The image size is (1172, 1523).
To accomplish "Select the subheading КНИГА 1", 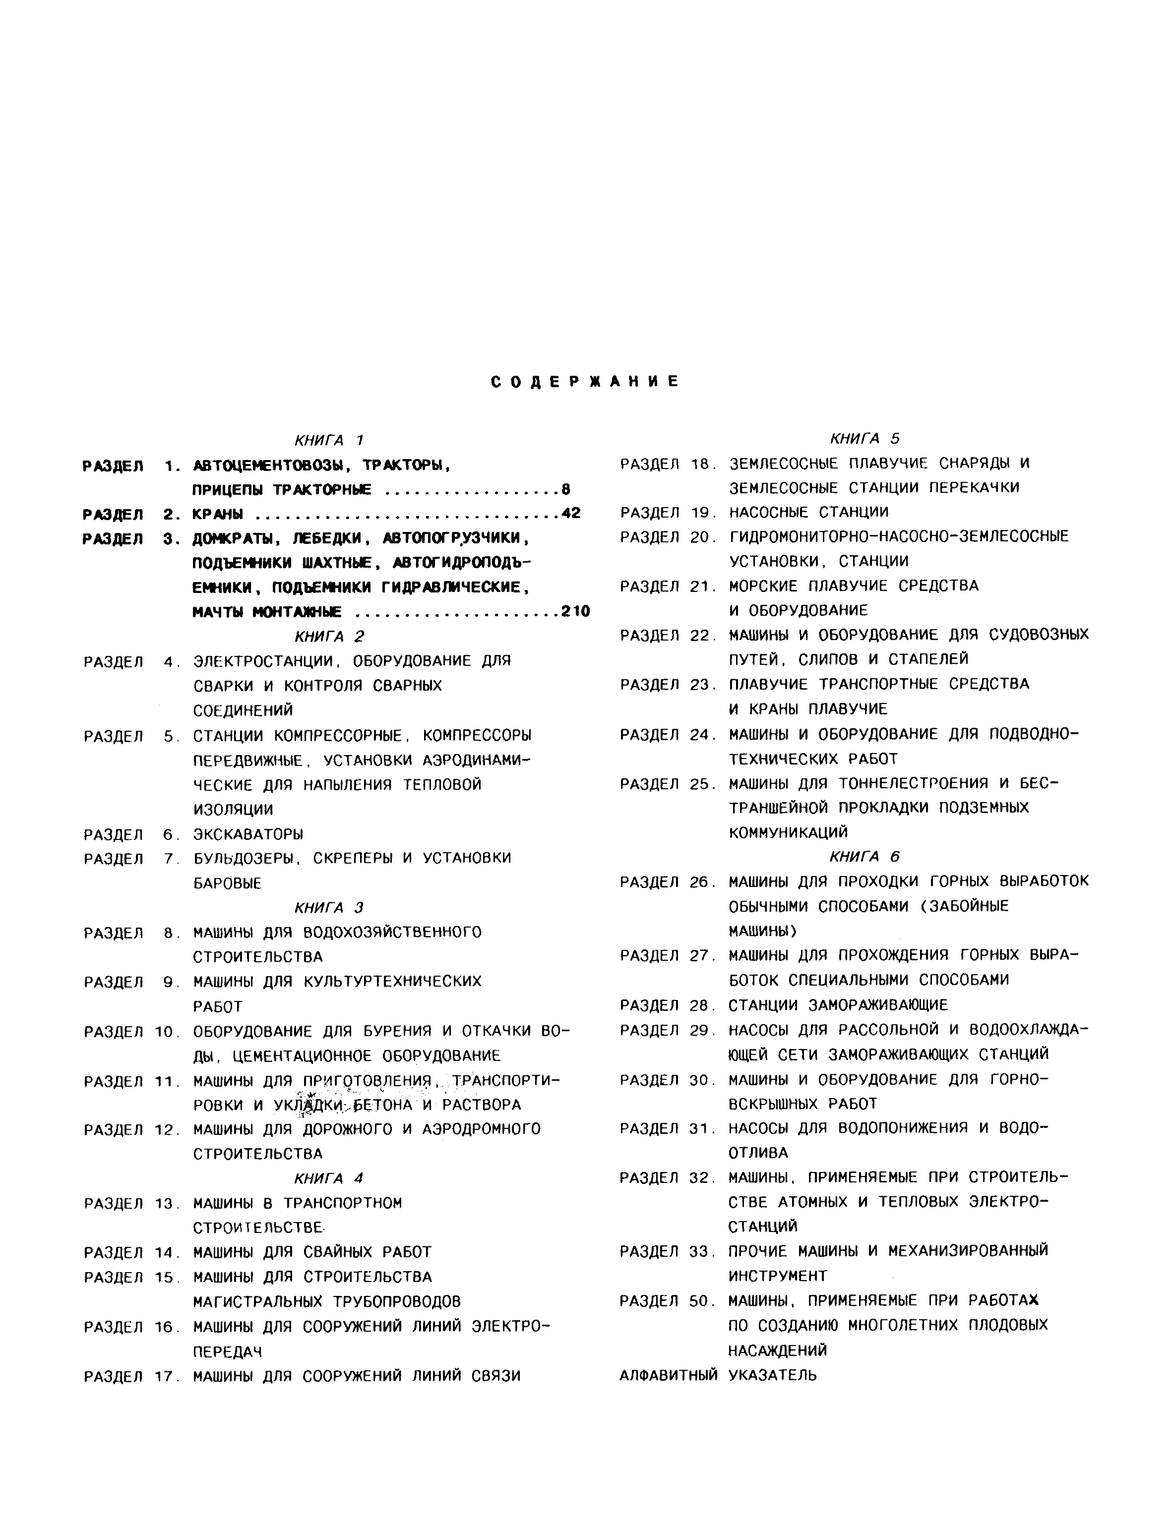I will pos(329,440).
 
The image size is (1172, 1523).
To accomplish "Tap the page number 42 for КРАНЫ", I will pos(571,514).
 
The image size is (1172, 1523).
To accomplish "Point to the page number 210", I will pos(575,612).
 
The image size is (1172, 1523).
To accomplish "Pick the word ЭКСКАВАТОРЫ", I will pos(248,834).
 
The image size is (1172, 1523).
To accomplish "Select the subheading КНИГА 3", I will pos(329,907).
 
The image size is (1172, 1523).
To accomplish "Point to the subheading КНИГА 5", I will pos(865,439).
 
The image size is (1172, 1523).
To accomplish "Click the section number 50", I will pos(698,1300).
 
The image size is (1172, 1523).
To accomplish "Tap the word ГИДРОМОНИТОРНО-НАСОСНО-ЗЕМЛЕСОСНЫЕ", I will pos(899,536).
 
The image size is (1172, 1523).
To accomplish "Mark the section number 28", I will pos(698,1005).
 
